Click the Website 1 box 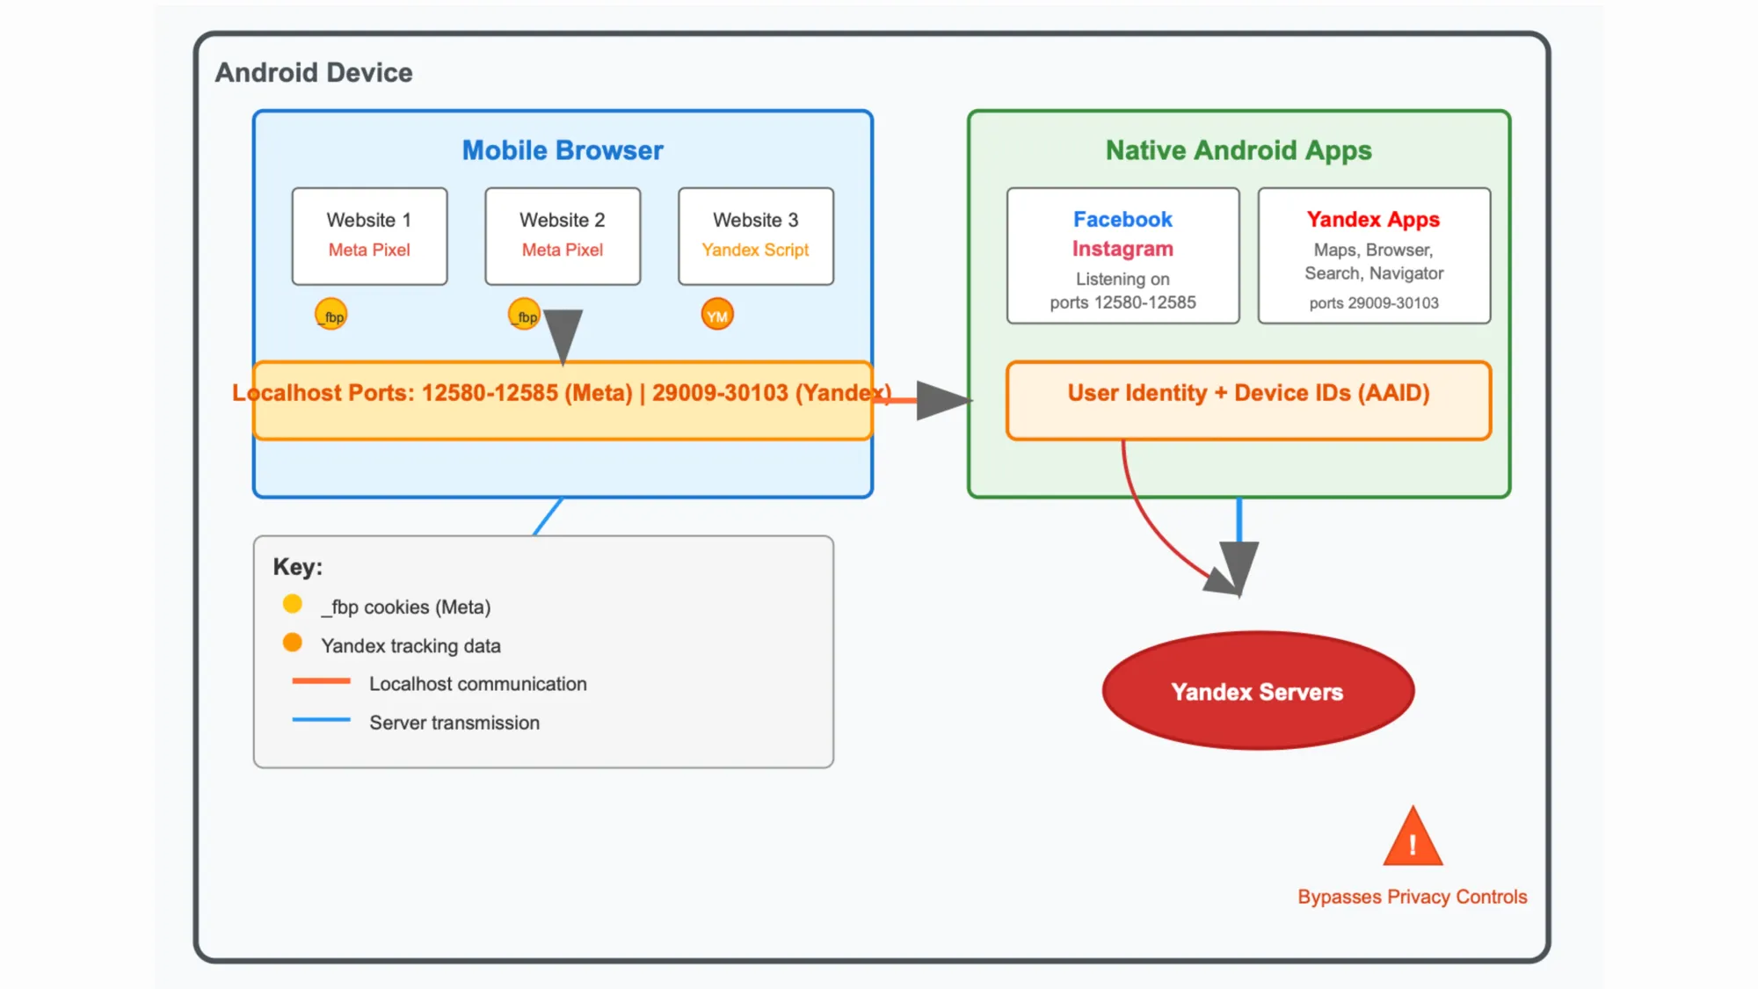pos(369,236)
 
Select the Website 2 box pos(563,236)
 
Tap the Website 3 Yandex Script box pos(756,236)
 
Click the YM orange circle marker pos(717,315)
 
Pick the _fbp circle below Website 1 pos(331,315)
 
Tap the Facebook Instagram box pos(1122,256)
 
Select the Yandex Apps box pos(1374,256)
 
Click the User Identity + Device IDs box pos(1248,400)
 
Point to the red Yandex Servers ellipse pos(1258,691)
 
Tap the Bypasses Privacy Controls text pos(1413,897)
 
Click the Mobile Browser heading pos(563,150)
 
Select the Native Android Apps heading pos(1239,150)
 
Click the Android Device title pos(314,72)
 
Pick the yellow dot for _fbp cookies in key pos(293,604)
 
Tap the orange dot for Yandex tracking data pos(293,643)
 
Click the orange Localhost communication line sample pos(321,681)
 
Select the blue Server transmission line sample pos(321,720)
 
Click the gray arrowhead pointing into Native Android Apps pos(942,401)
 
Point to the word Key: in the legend pos(298,567)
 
